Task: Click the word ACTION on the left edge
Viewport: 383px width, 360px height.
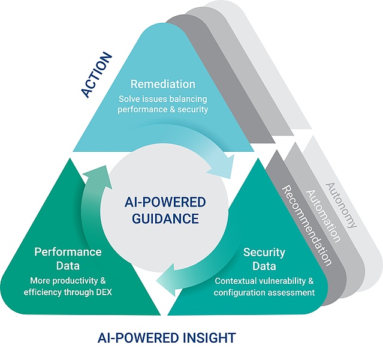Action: click(x=96, y=74)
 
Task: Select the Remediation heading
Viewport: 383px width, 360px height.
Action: click(x=163, y=84)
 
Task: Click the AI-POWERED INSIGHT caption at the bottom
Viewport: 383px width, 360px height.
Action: click(x=167, y=338)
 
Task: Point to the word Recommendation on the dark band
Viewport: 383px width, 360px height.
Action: click(x=306, y=226)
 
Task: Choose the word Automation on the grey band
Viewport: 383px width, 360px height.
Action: click(x=324, y=216)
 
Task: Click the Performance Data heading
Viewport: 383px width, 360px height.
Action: click(x=68, y=259)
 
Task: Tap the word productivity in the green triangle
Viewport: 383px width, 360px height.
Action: click(x=78, y=281)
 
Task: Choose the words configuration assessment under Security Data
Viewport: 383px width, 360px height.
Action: click(x=264, y=293)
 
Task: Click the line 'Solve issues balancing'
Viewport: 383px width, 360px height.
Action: click(x=163, y=98)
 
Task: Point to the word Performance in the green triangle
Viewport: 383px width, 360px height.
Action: click(x=68, y=251)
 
